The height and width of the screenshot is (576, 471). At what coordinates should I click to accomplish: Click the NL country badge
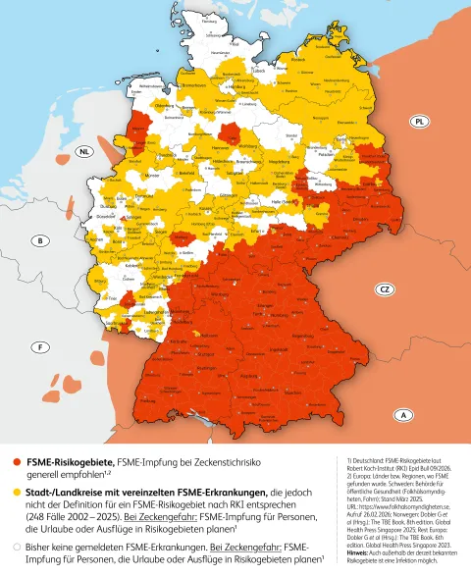pos(86,151)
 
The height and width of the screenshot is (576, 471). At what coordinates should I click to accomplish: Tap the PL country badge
pos(419,121)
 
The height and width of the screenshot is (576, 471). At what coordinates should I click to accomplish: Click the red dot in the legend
pos(16,460)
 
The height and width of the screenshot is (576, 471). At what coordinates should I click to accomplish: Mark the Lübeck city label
pos(258,70)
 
